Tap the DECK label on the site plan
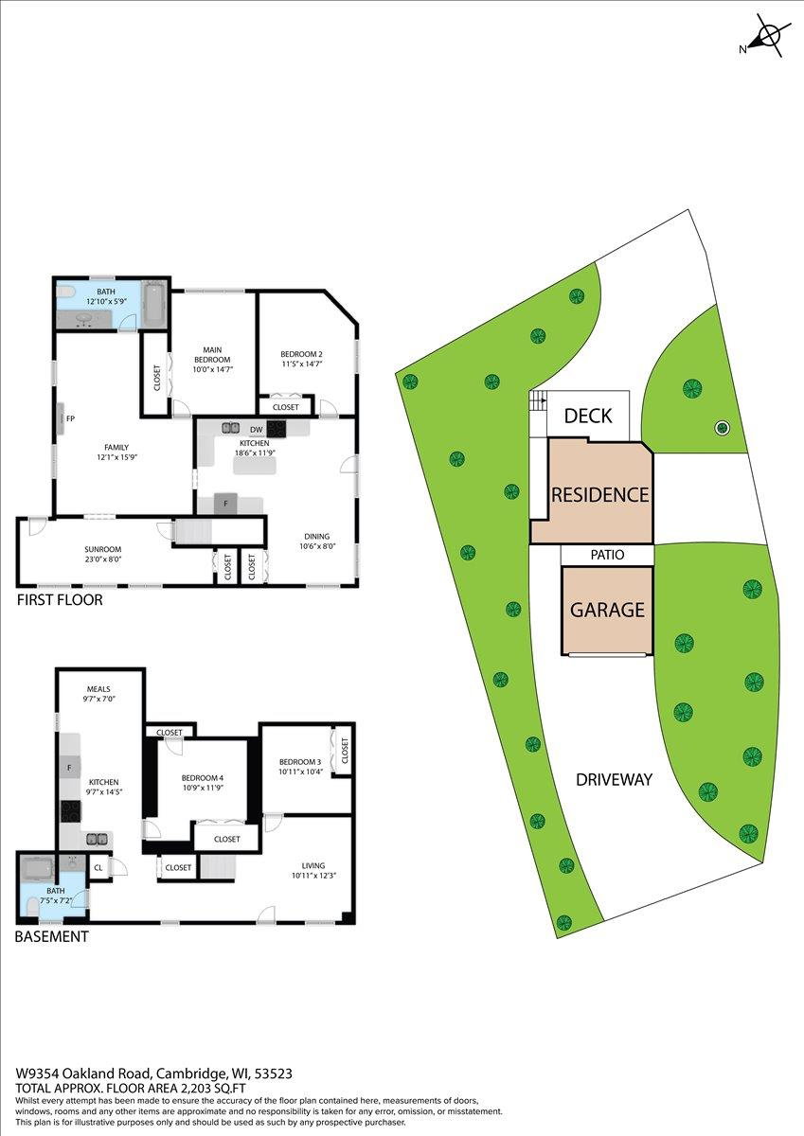click(588, 416)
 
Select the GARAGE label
click(607, 610)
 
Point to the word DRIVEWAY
click(614, 779)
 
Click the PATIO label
click(607, 555)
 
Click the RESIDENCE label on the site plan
click(599, 494)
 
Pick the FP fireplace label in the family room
click(70, 418)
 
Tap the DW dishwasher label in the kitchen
click(257, 430)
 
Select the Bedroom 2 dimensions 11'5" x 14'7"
click(302, 364)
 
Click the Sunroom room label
click(102, 549)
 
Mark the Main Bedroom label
click(212, 354)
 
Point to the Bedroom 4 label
click(203, 778)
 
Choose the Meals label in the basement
click(98, 689)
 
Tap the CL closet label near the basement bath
click(98, 868)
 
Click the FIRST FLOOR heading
click(60, 600)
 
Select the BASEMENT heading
click(52, 936)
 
